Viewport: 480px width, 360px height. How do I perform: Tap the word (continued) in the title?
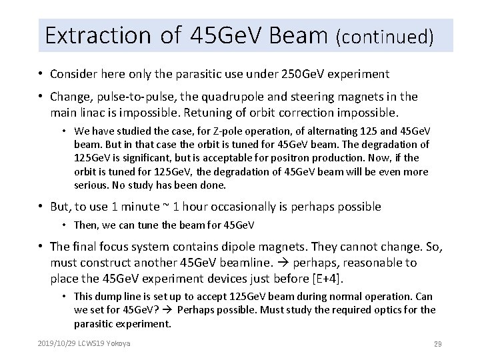coord(387,37)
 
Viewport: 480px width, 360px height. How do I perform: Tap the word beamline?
coord(258,263)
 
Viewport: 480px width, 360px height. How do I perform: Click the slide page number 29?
coord(439,344)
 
